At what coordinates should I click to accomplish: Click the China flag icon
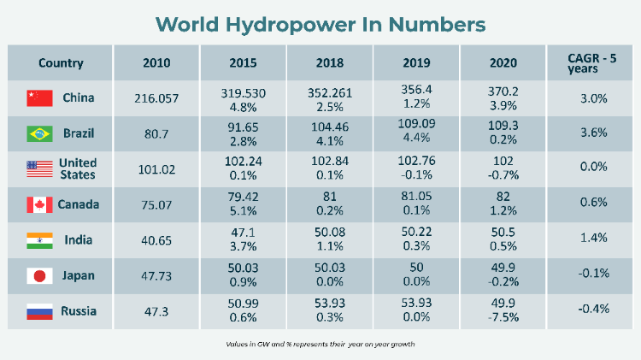click(40, 98)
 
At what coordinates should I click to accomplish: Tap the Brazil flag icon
click(40, 134)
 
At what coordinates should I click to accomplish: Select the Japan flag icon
click(40, 275)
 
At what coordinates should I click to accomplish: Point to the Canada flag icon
click(40, 204)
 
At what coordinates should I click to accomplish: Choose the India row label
click(79, 240)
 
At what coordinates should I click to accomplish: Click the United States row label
click(78, 169)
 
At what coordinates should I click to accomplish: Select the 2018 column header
click(329, 62)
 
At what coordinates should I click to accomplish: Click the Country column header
click(61, 62)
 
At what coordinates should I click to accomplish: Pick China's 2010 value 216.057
click(156, 98)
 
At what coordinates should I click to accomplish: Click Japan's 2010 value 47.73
click(156, 275)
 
